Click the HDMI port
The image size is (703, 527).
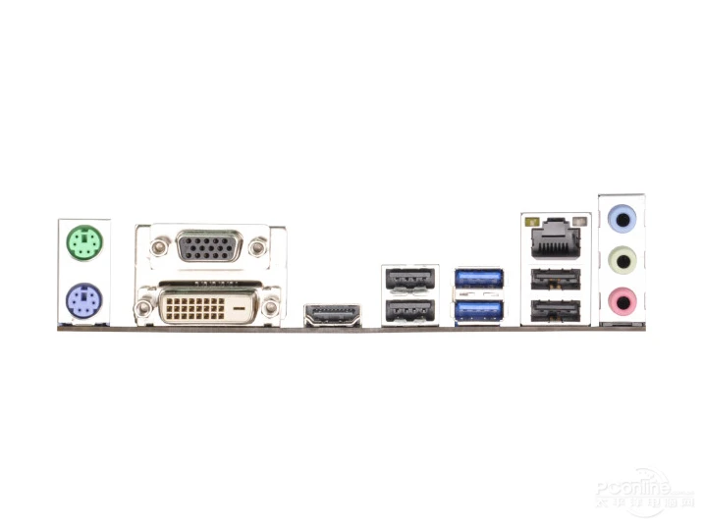332,316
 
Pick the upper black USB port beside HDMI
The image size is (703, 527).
410,279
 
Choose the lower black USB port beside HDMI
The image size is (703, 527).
410,313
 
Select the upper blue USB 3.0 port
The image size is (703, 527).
478,278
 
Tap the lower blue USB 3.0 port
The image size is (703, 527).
478,312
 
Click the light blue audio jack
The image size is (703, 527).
622,218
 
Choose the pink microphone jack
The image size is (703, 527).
622,298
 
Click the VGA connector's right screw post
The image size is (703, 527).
259,245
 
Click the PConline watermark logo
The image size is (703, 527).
634,490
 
